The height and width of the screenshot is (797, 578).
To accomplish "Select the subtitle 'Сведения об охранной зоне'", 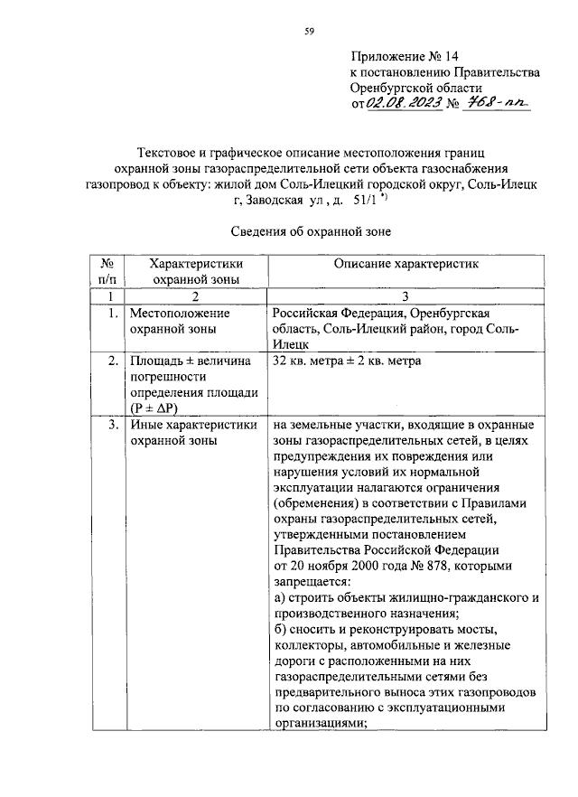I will coord(305,231).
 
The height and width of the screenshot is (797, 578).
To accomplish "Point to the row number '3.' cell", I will coord(109,424).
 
